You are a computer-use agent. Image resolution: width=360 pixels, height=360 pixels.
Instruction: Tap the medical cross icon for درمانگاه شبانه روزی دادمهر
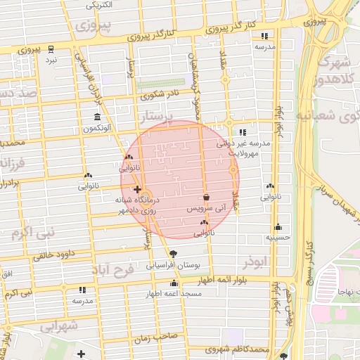137,189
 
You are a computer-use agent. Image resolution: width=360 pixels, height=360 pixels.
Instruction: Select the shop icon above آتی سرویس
207,198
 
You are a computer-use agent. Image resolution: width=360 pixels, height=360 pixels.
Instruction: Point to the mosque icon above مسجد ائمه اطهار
174,283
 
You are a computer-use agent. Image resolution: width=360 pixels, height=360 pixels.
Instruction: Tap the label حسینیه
278,238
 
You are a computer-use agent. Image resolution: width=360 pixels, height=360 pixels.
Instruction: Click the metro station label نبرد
51,60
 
